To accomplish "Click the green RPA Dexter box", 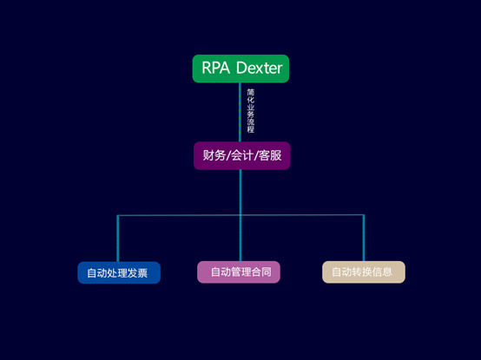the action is (240, 69).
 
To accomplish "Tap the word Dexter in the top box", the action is (260, 68).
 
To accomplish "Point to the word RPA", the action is (215, 68).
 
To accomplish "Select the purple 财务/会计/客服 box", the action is (241, 155).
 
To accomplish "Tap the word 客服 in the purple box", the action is (270, 155).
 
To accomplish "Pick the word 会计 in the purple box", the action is (242, 155).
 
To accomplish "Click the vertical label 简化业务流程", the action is (251, 111).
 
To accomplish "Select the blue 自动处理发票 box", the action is (119, 272).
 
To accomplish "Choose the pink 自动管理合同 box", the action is (239, 272).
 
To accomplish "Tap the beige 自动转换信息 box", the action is (364, 272).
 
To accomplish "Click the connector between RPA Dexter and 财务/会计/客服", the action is (240, 112).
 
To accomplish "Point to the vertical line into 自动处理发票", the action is (118, 239).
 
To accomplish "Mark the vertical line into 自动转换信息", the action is (364, 238).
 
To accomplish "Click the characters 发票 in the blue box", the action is (138, 273).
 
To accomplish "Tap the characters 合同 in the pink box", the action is (261, 272).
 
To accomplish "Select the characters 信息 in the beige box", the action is (382, 272).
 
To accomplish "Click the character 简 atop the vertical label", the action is (251, 92).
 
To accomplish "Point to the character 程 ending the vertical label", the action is (251, 129).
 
